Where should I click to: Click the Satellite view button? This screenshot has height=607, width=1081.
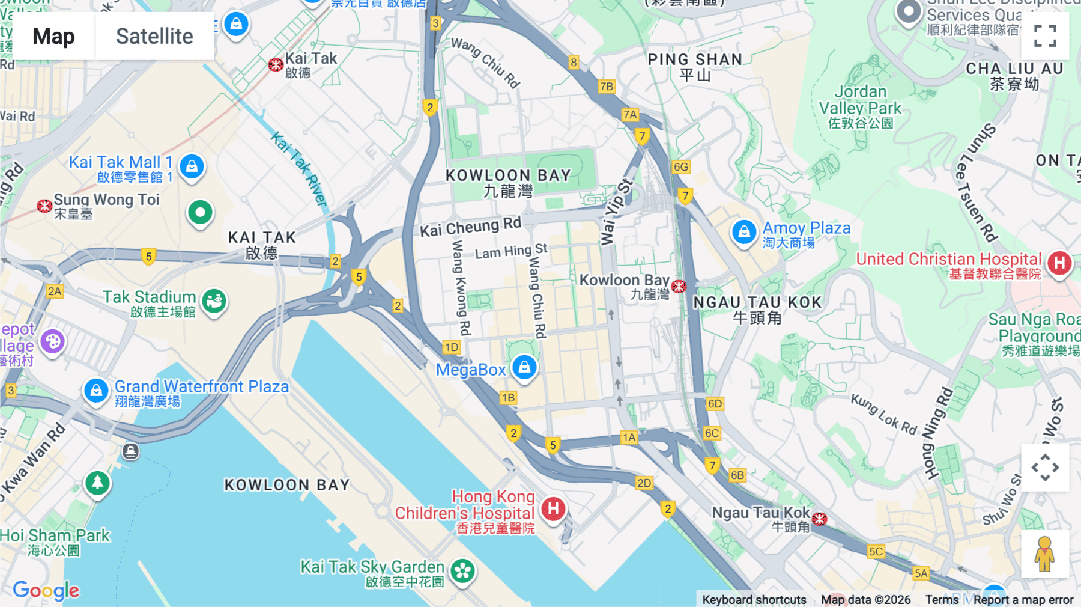[x=154, y=37]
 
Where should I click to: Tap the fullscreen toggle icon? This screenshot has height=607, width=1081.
[x=1045, y=36]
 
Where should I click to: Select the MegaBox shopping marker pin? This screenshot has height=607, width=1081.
[x=524, y=367]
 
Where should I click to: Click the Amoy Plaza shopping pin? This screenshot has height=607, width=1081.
[x=744, y=231]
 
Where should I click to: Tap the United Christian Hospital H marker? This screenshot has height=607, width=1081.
[x=1059, y=263]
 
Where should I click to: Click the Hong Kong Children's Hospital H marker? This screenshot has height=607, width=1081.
[x=553, y=509]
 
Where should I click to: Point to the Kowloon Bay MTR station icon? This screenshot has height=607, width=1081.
[x=679, y=287]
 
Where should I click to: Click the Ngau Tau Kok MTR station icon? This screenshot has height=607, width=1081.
[x=820, y=519]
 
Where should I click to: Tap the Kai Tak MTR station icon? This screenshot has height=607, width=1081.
[x=276, y=65]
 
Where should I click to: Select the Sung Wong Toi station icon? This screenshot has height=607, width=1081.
[x=44, y=206]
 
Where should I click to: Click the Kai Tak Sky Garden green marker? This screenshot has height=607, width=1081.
[x=462, y=571]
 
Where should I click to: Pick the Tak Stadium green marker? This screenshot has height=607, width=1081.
[x=214, y=300]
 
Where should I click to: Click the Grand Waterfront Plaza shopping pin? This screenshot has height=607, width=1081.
[x=96, y=391]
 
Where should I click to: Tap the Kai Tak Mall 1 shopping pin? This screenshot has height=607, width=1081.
[x=192, y=166]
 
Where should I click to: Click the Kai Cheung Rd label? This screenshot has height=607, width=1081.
[x=470, y=227]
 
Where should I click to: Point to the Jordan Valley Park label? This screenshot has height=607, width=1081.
[x=860, y=100]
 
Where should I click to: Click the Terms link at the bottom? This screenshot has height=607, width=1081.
[x=942, y=599]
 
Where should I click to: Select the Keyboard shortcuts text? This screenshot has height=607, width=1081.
[x=754, y=599]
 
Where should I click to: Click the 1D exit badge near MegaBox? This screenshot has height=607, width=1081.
[x=452, y=347]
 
